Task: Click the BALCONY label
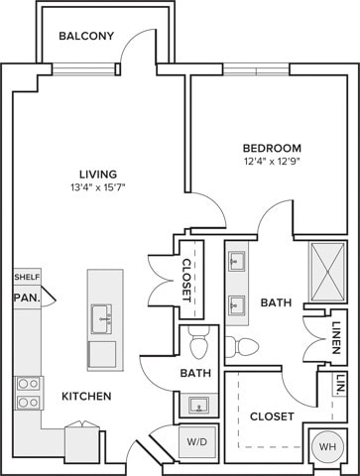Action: (x=86, y=37)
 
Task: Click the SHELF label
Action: (x=26, y=278)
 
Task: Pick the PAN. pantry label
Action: (x=25, y=297)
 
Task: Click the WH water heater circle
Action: (x=325, y=446)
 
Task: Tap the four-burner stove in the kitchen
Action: (x=27, y=392)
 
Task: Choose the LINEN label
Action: (x=339, y=338)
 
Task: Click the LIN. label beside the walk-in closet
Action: (x=338, y=384)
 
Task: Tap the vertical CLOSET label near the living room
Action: (x=187, y=280)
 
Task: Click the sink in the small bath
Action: (x=196, y=406)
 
